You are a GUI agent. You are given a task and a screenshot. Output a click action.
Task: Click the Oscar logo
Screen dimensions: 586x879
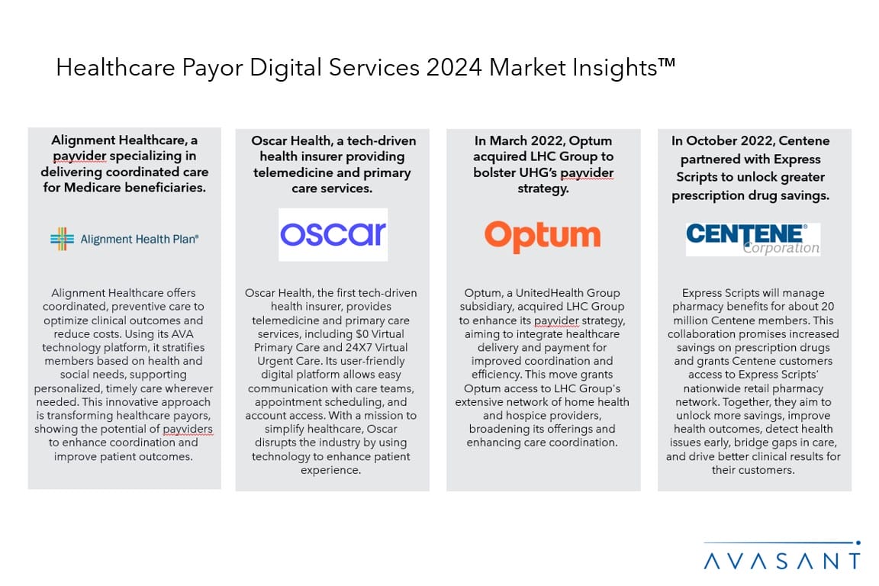333,235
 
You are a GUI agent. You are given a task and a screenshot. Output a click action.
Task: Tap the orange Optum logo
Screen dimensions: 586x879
543,236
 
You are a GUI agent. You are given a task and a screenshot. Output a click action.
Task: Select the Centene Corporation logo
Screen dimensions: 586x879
752,239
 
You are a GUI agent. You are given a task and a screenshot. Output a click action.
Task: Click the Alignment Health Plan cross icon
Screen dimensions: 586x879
62,239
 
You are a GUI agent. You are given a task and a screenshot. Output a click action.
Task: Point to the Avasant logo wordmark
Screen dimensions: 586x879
782,561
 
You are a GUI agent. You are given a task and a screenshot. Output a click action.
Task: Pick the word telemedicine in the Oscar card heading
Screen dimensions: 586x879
294,172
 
